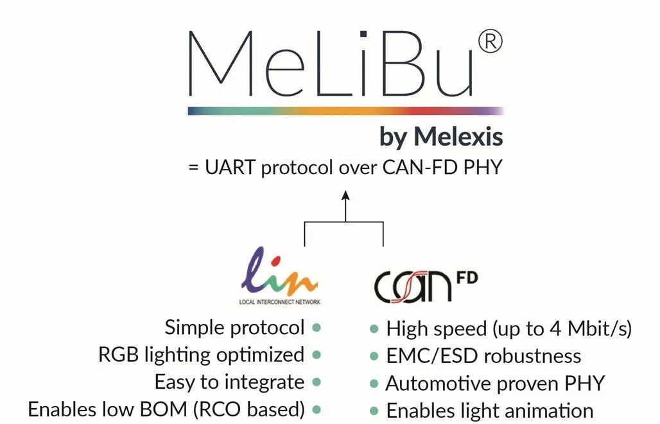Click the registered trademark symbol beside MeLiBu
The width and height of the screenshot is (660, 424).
coord(490,42)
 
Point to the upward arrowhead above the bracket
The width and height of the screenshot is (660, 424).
coord(345,196)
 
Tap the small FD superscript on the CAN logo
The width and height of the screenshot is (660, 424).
coord(467,281)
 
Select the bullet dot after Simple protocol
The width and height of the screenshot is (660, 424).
coord(317,328)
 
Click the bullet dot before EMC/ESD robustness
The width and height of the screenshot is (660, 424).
coord(374,356)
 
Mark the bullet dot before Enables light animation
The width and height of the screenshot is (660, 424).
coord(374,410)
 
